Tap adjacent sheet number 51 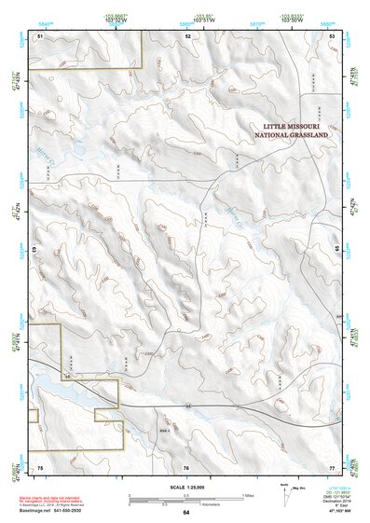40,34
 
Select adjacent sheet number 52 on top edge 187,34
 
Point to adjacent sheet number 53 333,34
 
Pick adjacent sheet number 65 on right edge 336,250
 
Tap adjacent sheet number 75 40,466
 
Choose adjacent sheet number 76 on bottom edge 186,466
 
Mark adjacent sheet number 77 332,466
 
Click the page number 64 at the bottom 186,513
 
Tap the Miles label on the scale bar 248,494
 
